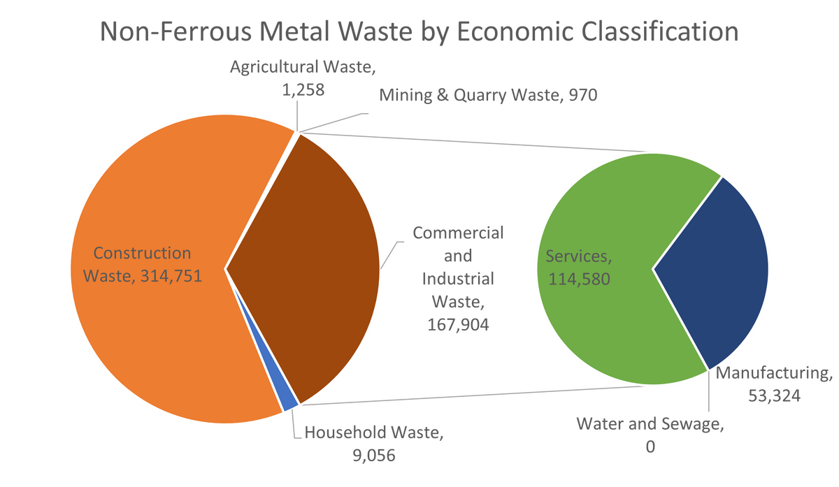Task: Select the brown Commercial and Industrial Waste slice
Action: (308, 272)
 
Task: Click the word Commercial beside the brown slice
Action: (458, 232)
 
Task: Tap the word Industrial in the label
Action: (459, 278)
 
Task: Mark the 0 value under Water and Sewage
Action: (650, 447)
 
